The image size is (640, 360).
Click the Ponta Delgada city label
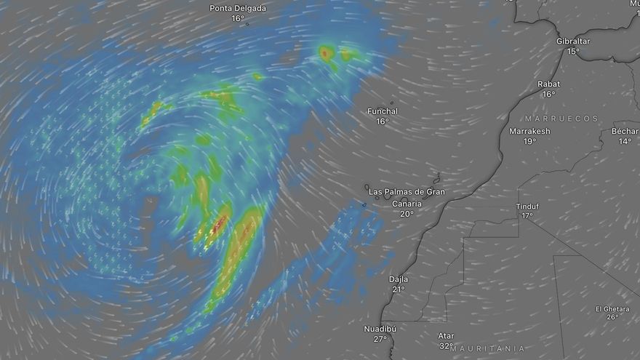coord(238,9)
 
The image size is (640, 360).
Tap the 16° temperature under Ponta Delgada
coord(238,18)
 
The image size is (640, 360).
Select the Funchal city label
coord(383,111)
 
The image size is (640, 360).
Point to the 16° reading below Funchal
coord(383,121)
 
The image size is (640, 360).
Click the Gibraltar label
coord(573,41)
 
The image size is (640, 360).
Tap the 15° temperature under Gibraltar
coord(573,52)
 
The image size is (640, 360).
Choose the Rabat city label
coord(548,84)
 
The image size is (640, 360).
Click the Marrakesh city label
coord(529,132)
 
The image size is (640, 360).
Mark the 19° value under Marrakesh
coord(529,142)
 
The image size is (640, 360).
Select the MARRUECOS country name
coord(561,118)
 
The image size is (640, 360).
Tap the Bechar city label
coord(625,132)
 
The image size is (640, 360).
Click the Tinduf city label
coord(527,206)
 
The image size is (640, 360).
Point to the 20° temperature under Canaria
coord(407,214)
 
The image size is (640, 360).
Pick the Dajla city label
coord(399,279)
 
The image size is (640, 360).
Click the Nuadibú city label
coord(380,329)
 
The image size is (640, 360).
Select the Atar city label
coord(447,336)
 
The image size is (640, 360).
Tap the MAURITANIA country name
coord(487,349)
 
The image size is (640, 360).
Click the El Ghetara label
coord(612,308)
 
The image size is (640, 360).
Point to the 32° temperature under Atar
coord(447,346)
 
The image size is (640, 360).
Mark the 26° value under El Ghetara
coord(612,317)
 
